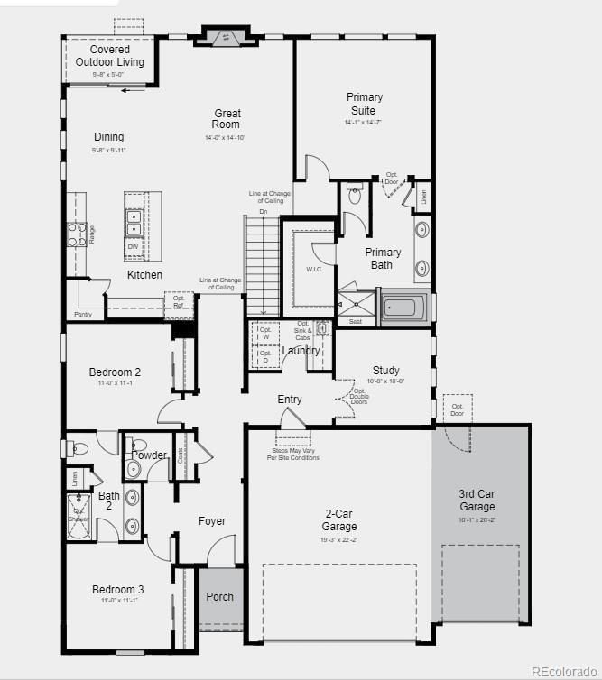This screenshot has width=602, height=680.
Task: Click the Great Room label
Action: pos(227,119)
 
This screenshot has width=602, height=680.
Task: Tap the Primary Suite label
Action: pos(364,104)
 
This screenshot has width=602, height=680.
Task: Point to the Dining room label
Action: pos(108,137)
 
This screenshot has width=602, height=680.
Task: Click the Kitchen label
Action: pos(144,274)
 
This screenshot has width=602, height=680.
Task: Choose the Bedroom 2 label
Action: pos(115,372)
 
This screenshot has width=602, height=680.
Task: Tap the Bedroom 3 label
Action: pos(117,590)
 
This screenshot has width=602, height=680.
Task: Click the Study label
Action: pos(386,370)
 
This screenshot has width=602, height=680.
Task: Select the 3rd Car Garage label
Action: pos(477,501)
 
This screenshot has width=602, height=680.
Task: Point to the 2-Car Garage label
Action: pos(339,520)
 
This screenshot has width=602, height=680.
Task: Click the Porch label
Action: pos(219,596)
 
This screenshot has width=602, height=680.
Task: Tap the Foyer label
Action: pos(212,520)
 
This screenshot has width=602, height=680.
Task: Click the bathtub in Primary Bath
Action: pos(403,308)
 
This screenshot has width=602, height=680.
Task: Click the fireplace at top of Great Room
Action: pos(221,37)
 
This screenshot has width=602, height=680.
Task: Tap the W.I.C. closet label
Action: pos(314,269)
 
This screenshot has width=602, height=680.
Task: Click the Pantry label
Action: pos(82,314)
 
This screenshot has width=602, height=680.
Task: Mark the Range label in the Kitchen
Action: pos(91,234)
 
